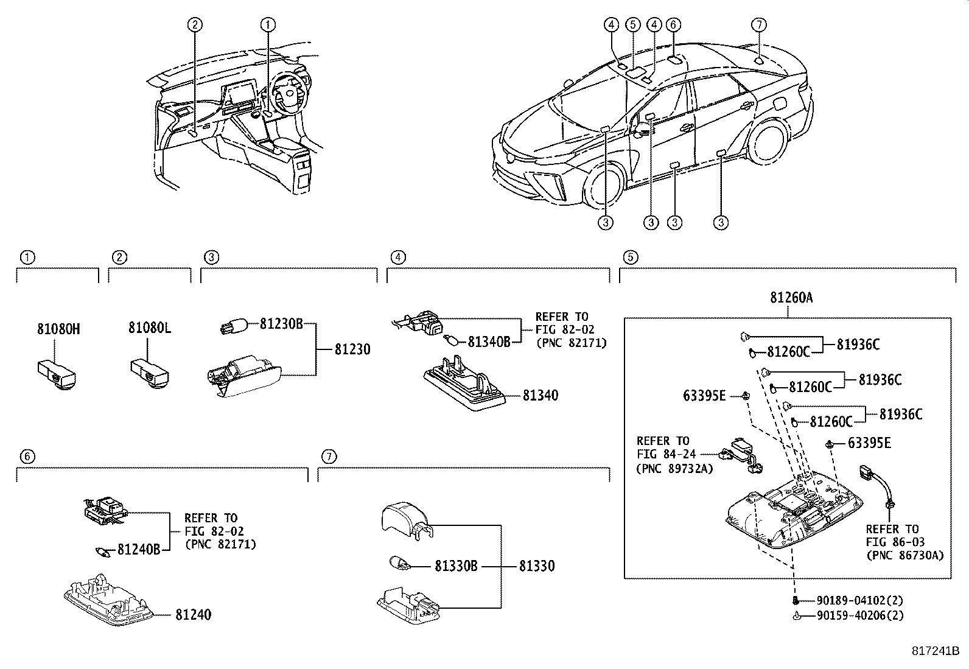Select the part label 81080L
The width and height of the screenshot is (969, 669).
149,329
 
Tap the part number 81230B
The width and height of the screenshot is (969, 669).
281,324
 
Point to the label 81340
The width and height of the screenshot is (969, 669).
540,395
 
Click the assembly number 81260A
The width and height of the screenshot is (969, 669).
791,298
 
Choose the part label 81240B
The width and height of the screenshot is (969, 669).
138,550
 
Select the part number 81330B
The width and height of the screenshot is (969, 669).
456,566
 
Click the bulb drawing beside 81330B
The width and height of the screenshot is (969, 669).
401,564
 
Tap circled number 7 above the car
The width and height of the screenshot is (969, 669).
758,24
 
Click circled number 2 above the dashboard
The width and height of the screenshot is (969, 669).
194,24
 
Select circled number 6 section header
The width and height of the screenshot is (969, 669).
26,456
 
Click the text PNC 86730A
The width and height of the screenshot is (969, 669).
904,555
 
